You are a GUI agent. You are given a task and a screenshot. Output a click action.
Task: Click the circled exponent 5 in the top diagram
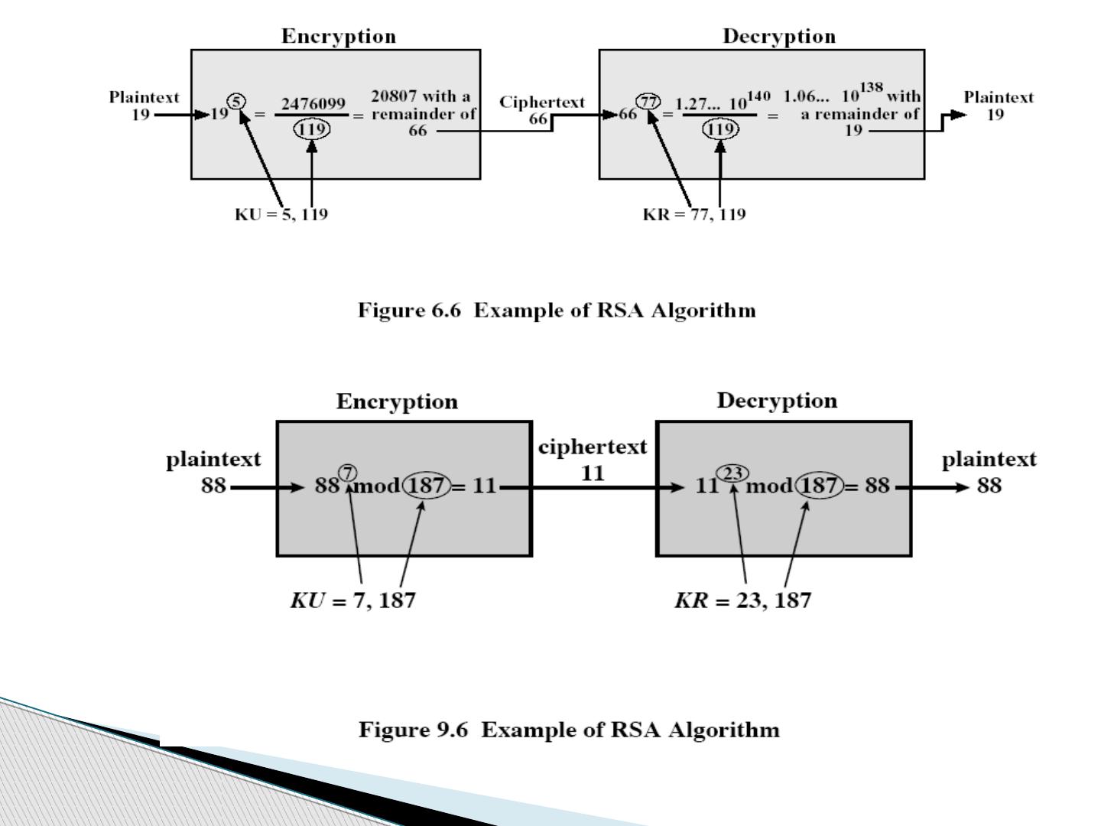point(237,100)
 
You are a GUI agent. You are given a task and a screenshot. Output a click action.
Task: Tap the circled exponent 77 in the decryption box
point(648,101)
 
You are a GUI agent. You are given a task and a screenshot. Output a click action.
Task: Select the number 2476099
point(313,103)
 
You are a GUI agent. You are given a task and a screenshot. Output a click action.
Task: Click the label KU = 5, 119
point(281,214)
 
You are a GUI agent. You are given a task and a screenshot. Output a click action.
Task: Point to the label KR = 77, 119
point(694,214)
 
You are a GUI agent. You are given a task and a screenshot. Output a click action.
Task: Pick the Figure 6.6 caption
point(557,311)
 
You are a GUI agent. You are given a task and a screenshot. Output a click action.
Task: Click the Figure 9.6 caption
point(569,730)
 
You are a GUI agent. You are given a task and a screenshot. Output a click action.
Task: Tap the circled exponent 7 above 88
point(348,471)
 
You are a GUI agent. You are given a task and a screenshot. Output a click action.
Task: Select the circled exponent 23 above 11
point(732,473)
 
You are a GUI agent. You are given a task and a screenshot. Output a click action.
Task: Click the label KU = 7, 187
point(352,600)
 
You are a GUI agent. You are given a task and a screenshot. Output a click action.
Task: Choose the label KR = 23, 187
point(742,600)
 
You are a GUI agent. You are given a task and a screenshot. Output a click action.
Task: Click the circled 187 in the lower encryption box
point(427,486)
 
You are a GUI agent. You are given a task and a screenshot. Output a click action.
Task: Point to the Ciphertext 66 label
point(542,110)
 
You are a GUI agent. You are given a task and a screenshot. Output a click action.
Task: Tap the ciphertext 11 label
point(593,460)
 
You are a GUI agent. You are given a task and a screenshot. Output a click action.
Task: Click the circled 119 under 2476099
point(312,129)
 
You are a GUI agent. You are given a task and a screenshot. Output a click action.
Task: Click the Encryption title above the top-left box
point(339,37)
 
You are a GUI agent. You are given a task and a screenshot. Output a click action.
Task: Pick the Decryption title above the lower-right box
point(777,401)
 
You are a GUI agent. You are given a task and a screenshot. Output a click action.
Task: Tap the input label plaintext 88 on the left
point(213,472)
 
